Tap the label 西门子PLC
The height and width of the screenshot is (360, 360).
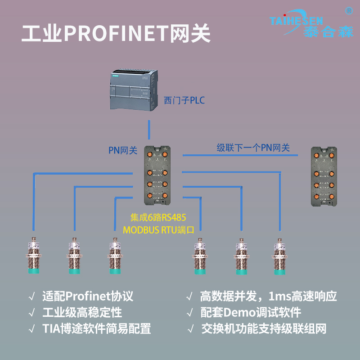click(184, 100)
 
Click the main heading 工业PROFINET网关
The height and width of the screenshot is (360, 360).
click(116, 33)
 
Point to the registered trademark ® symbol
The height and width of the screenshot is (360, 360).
click(348, 10)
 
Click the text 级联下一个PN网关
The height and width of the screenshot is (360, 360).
click(253, 148)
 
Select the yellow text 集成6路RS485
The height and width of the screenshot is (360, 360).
click(158, 218)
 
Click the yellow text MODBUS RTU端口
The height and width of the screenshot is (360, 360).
click(158, 229)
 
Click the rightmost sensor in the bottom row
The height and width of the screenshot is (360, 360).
click(278, 256)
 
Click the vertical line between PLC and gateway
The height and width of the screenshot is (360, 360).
click(149, 130)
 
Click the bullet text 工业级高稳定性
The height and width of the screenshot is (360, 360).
click(82, 312)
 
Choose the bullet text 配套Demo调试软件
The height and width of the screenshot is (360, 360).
click(250, 312)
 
